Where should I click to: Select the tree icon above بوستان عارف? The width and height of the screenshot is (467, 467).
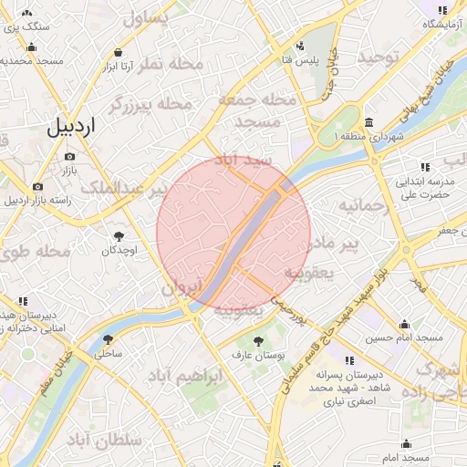(x=259, y=340)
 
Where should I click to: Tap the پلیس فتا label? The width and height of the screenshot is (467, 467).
(x=298, y=59)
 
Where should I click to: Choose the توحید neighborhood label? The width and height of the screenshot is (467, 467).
(x=378, y=57)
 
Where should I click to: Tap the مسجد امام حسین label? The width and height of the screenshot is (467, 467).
(x=404, y=338)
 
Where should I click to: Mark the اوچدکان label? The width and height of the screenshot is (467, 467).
(x=119, y=249)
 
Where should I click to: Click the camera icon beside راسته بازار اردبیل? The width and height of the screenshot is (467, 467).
(x=37, y=186)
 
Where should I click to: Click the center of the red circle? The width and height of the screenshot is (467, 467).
(x=234, y=233)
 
